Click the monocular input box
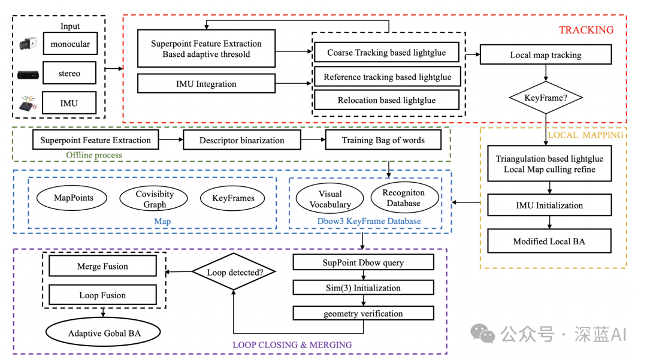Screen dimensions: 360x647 point(70,44)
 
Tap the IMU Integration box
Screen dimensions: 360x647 point(206,84)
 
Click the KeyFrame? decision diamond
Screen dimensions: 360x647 point(546,96)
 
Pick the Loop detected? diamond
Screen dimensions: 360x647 point(234,273)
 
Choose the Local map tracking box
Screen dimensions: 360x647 point(545,55)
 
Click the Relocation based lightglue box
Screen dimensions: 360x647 point(386,100)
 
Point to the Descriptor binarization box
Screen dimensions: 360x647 point(242,141)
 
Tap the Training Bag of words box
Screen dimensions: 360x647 point(383,141)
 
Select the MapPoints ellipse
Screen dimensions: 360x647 point(73,198)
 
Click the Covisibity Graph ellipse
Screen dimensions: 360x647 point(155,199)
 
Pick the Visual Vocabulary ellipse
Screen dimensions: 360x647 point(329,199)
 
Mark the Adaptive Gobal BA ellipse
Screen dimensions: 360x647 point(104,333)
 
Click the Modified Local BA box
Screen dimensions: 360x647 point(549,241)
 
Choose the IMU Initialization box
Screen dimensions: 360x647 point(549,205)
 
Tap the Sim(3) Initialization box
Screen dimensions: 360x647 point(363,288)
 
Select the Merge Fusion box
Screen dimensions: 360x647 point(102,267)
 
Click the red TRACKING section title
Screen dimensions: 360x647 point(586,30)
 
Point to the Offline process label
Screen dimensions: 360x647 point(94,155)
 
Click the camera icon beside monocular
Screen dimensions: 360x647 point(28,44)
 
